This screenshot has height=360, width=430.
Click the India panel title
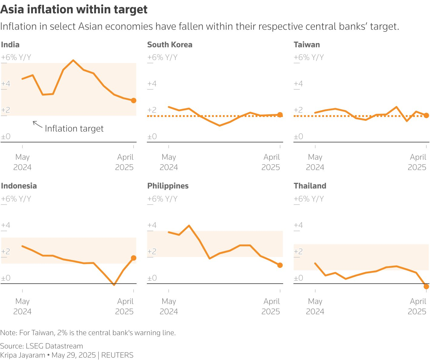(10, 45)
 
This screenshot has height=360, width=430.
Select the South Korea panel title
(170, 45)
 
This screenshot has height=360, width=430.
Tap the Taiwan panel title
(306, 45)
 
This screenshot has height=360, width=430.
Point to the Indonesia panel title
(19, 186)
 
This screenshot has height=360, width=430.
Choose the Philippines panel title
(168, 186)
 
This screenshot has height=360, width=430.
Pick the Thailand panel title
(310, 186)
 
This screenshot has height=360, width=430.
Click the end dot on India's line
(134, 101)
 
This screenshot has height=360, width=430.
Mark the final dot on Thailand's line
(426, 286)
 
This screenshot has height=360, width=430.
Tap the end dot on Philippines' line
(280, 265)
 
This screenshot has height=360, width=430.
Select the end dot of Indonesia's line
(134, 258)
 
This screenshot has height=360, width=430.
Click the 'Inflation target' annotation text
(74, 128)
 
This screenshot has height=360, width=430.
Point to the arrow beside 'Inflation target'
(37, 124)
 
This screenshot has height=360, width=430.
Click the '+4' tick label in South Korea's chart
(152, 84)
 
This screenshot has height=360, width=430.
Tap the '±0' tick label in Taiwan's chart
(298, 136)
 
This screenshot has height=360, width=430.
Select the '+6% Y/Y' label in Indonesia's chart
(16, 199)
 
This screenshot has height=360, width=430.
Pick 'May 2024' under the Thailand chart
(315, 306)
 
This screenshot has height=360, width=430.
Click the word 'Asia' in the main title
(12, 10)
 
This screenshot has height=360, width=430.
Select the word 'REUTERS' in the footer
(117, 355)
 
